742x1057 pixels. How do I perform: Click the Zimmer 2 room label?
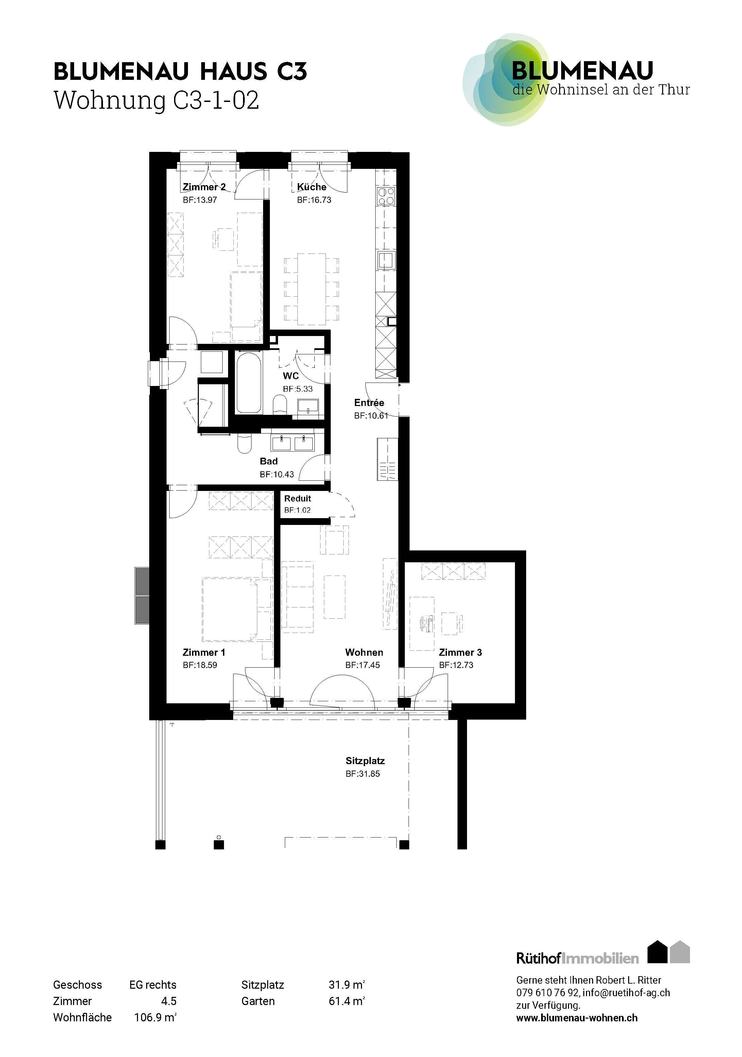pos(204,187)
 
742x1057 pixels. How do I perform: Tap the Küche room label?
pos(311,187)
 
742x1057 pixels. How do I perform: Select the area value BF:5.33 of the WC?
pos(297,389)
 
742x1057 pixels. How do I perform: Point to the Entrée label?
pos(369,403)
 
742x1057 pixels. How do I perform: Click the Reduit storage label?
pos(297,498)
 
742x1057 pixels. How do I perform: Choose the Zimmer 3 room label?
pos(460,652)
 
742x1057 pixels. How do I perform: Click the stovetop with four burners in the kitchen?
pos(386,196)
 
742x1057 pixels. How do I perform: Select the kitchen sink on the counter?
pos(386,261)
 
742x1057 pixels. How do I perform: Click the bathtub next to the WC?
pos(249,383)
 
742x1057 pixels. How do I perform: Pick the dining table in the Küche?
pos(311,289)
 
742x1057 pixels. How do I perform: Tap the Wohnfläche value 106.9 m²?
pos(155,1017)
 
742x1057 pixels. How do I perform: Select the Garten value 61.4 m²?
pos(347,1001)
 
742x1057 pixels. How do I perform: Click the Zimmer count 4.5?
pos(169,1001)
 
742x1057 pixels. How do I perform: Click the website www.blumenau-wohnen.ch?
pos(577,1018)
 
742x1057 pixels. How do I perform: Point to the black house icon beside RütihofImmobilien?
pos(657,952)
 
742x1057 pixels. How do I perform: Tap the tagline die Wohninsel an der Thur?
pos(601,90)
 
